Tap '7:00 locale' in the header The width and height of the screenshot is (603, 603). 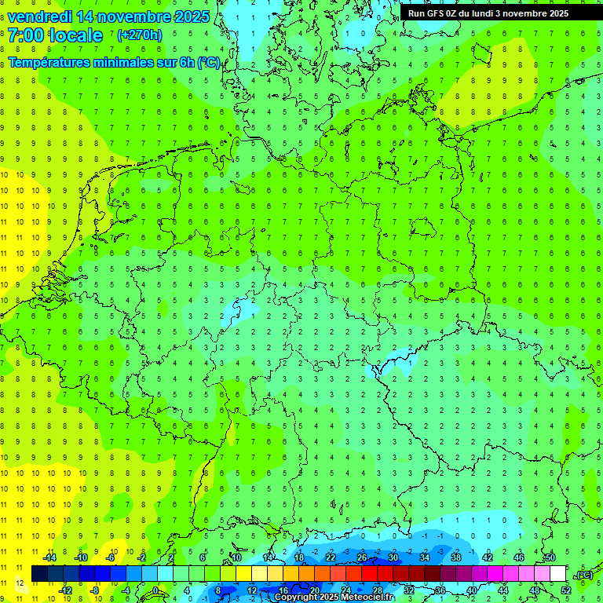[55, 35]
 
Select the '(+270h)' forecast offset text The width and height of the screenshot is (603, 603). [140, 35]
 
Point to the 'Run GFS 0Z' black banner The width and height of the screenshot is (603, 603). [495, 13]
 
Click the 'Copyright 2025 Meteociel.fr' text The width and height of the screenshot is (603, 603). [334, 597]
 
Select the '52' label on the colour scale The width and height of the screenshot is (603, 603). [565, 590]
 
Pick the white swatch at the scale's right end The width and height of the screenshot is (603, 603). [557, 574]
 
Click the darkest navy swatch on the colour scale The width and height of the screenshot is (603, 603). [39, 574]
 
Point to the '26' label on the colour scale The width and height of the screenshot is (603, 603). [362, 557]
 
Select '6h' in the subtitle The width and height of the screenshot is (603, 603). [185, 63]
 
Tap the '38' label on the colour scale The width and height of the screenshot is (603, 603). [456, 557]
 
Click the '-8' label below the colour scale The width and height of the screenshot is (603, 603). [95, 590]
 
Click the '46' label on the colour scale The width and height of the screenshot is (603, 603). [519, 557]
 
